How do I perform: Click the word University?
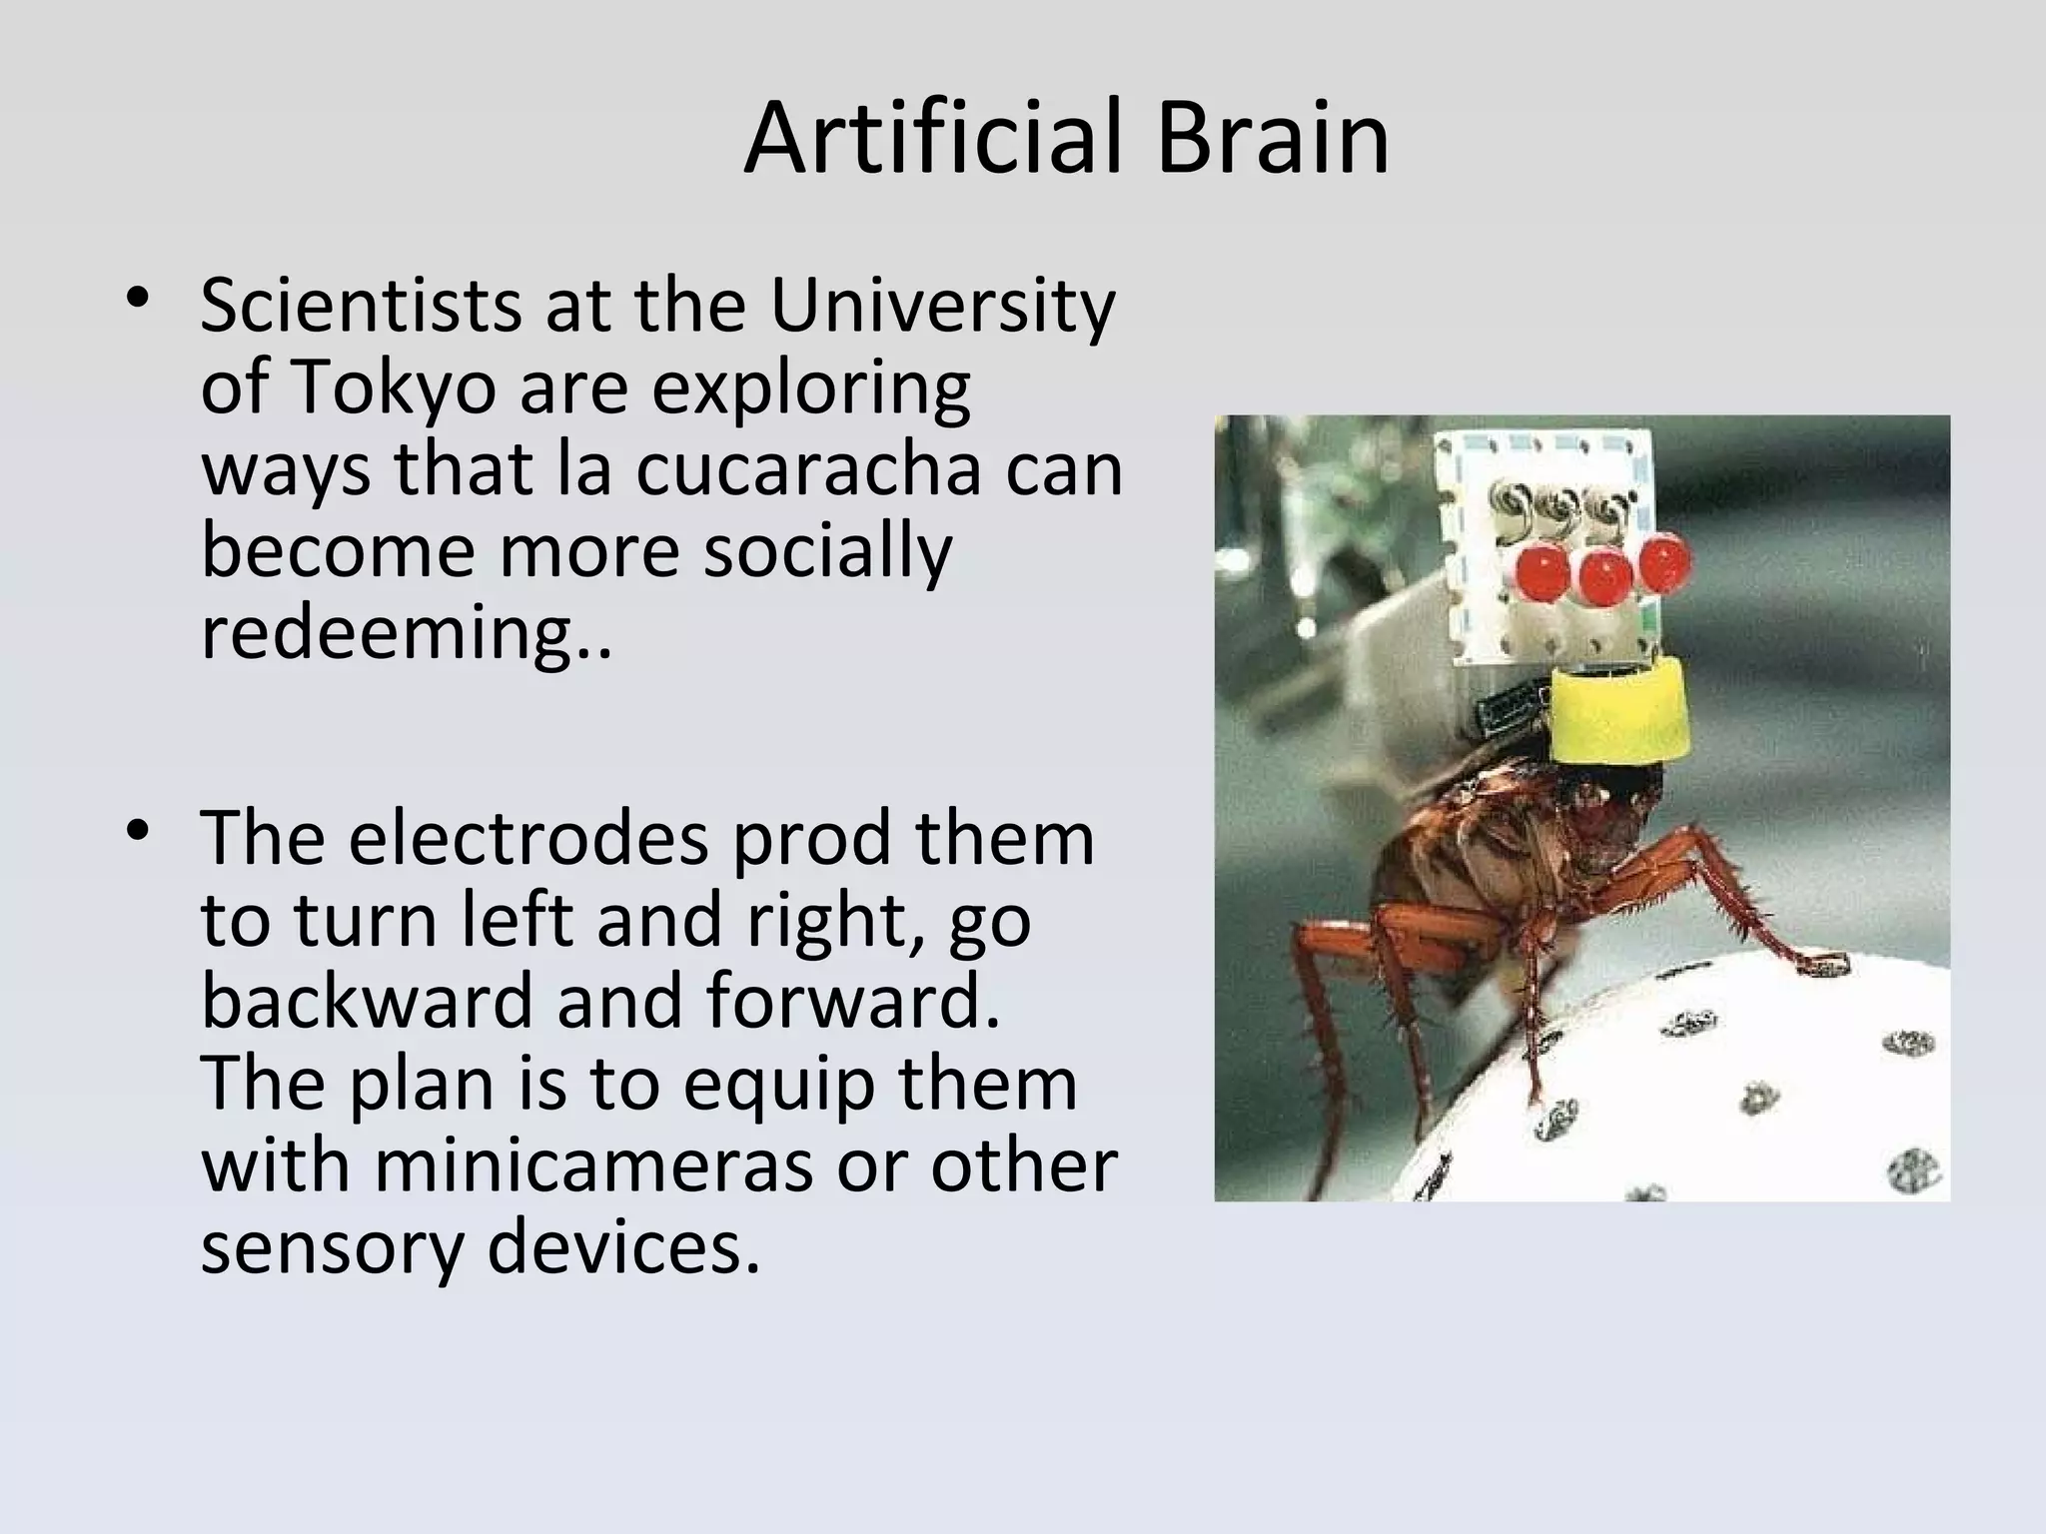941,308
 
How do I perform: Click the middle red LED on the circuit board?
1605,575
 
